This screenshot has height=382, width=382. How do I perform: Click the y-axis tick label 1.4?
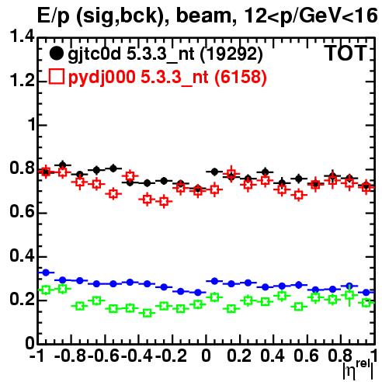(x=22, y=36)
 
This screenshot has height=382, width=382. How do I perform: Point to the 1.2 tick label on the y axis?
(x=22, y=81)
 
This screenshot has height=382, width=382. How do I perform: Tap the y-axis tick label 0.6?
(x=22, y=211)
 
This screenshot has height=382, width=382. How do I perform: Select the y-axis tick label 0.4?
(x=22, y=255)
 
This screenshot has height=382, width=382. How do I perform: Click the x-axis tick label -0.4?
(x=137, y=356)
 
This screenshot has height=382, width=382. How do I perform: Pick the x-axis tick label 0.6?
(x=306, y=356)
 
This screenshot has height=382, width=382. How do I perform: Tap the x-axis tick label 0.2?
(x=239, y=356)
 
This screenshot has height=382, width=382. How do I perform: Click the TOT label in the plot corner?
(x=346, y=54)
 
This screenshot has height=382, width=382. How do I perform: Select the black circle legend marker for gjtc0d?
(x=56, y=54)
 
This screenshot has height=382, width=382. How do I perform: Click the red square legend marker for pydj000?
(x=56, y=76)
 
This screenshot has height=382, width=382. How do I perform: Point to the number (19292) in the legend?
(x=231, y=54)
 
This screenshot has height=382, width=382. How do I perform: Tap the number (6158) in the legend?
(x=241, y=77)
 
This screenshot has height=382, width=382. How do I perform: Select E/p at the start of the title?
(x=54, y=16)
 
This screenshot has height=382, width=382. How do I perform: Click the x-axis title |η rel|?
(x=358, y=370)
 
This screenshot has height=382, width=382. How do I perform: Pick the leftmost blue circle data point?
(x=46, y=273)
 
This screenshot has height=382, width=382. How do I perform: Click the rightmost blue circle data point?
(x=366, y=293)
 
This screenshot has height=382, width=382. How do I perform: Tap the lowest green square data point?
(x=147, y=313)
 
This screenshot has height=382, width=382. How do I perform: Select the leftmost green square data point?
(x=46, y=290)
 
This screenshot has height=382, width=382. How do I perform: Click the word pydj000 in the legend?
(x=102, y=77)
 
